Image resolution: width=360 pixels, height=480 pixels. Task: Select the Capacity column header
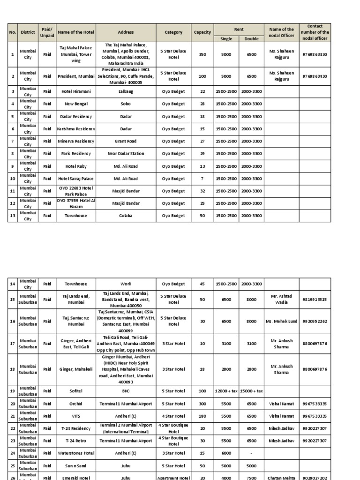pos(202,32)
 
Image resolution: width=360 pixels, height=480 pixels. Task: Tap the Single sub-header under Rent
pos(226,39)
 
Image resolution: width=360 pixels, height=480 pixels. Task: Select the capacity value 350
pos(202,54)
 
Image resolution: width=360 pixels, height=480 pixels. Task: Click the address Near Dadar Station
pos(126,154)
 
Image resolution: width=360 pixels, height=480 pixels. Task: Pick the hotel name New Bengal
pos(76,104)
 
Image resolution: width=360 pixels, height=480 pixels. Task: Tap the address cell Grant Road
pos(126,141)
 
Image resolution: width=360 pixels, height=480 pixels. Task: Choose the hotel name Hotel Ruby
pos(76,166)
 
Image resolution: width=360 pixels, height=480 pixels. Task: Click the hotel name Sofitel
pos(76,390)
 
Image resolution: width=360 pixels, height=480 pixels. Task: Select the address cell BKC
pos(126,390)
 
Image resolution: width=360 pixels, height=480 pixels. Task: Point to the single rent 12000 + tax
pos(226,390)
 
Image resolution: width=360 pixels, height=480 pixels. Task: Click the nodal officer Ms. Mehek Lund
pos(282,321)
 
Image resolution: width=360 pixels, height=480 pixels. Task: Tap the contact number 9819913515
pos(315,299)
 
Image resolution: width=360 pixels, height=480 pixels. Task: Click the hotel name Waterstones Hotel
pos(76,453)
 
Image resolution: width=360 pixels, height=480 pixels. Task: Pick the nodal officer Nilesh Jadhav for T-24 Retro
pos(282,441)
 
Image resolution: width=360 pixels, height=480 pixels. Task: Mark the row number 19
pos(13,390)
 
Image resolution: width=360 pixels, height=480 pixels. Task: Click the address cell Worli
pos(126,284)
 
